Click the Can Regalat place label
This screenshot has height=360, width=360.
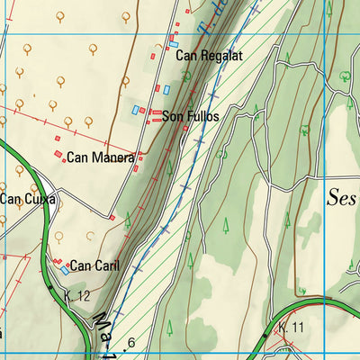210,56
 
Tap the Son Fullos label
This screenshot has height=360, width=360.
190,116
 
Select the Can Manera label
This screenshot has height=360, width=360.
101,157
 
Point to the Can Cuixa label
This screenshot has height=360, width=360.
27,199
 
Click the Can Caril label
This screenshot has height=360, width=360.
94,265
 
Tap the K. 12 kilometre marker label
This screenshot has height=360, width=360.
77,296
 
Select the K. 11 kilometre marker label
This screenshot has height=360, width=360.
291,327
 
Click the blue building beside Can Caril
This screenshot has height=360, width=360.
65,269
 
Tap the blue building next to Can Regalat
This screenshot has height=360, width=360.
173,44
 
